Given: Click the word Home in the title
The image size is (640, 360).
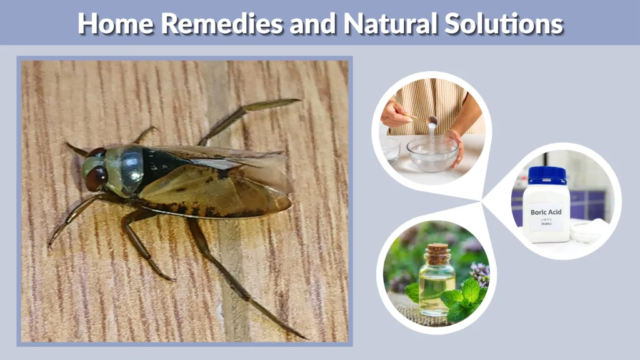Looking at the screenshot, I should click(115, 24).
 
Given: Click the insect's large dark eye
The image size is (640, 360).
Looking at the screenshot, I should click(96, 177).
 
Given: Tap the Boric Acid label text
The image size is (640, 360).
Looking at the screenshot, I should click(546, 212).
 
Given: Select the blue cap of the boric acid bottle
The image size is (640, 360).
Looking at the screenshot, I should click(546, 174).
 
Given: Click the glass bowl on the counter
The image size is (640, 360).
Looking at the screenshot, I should click(432, 154).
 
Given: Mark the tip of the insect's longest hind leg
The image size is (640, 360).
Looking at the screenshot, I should click(301, 336).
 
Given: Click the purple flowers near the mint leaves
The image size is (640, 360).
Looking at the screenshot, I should click(479, 272).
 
